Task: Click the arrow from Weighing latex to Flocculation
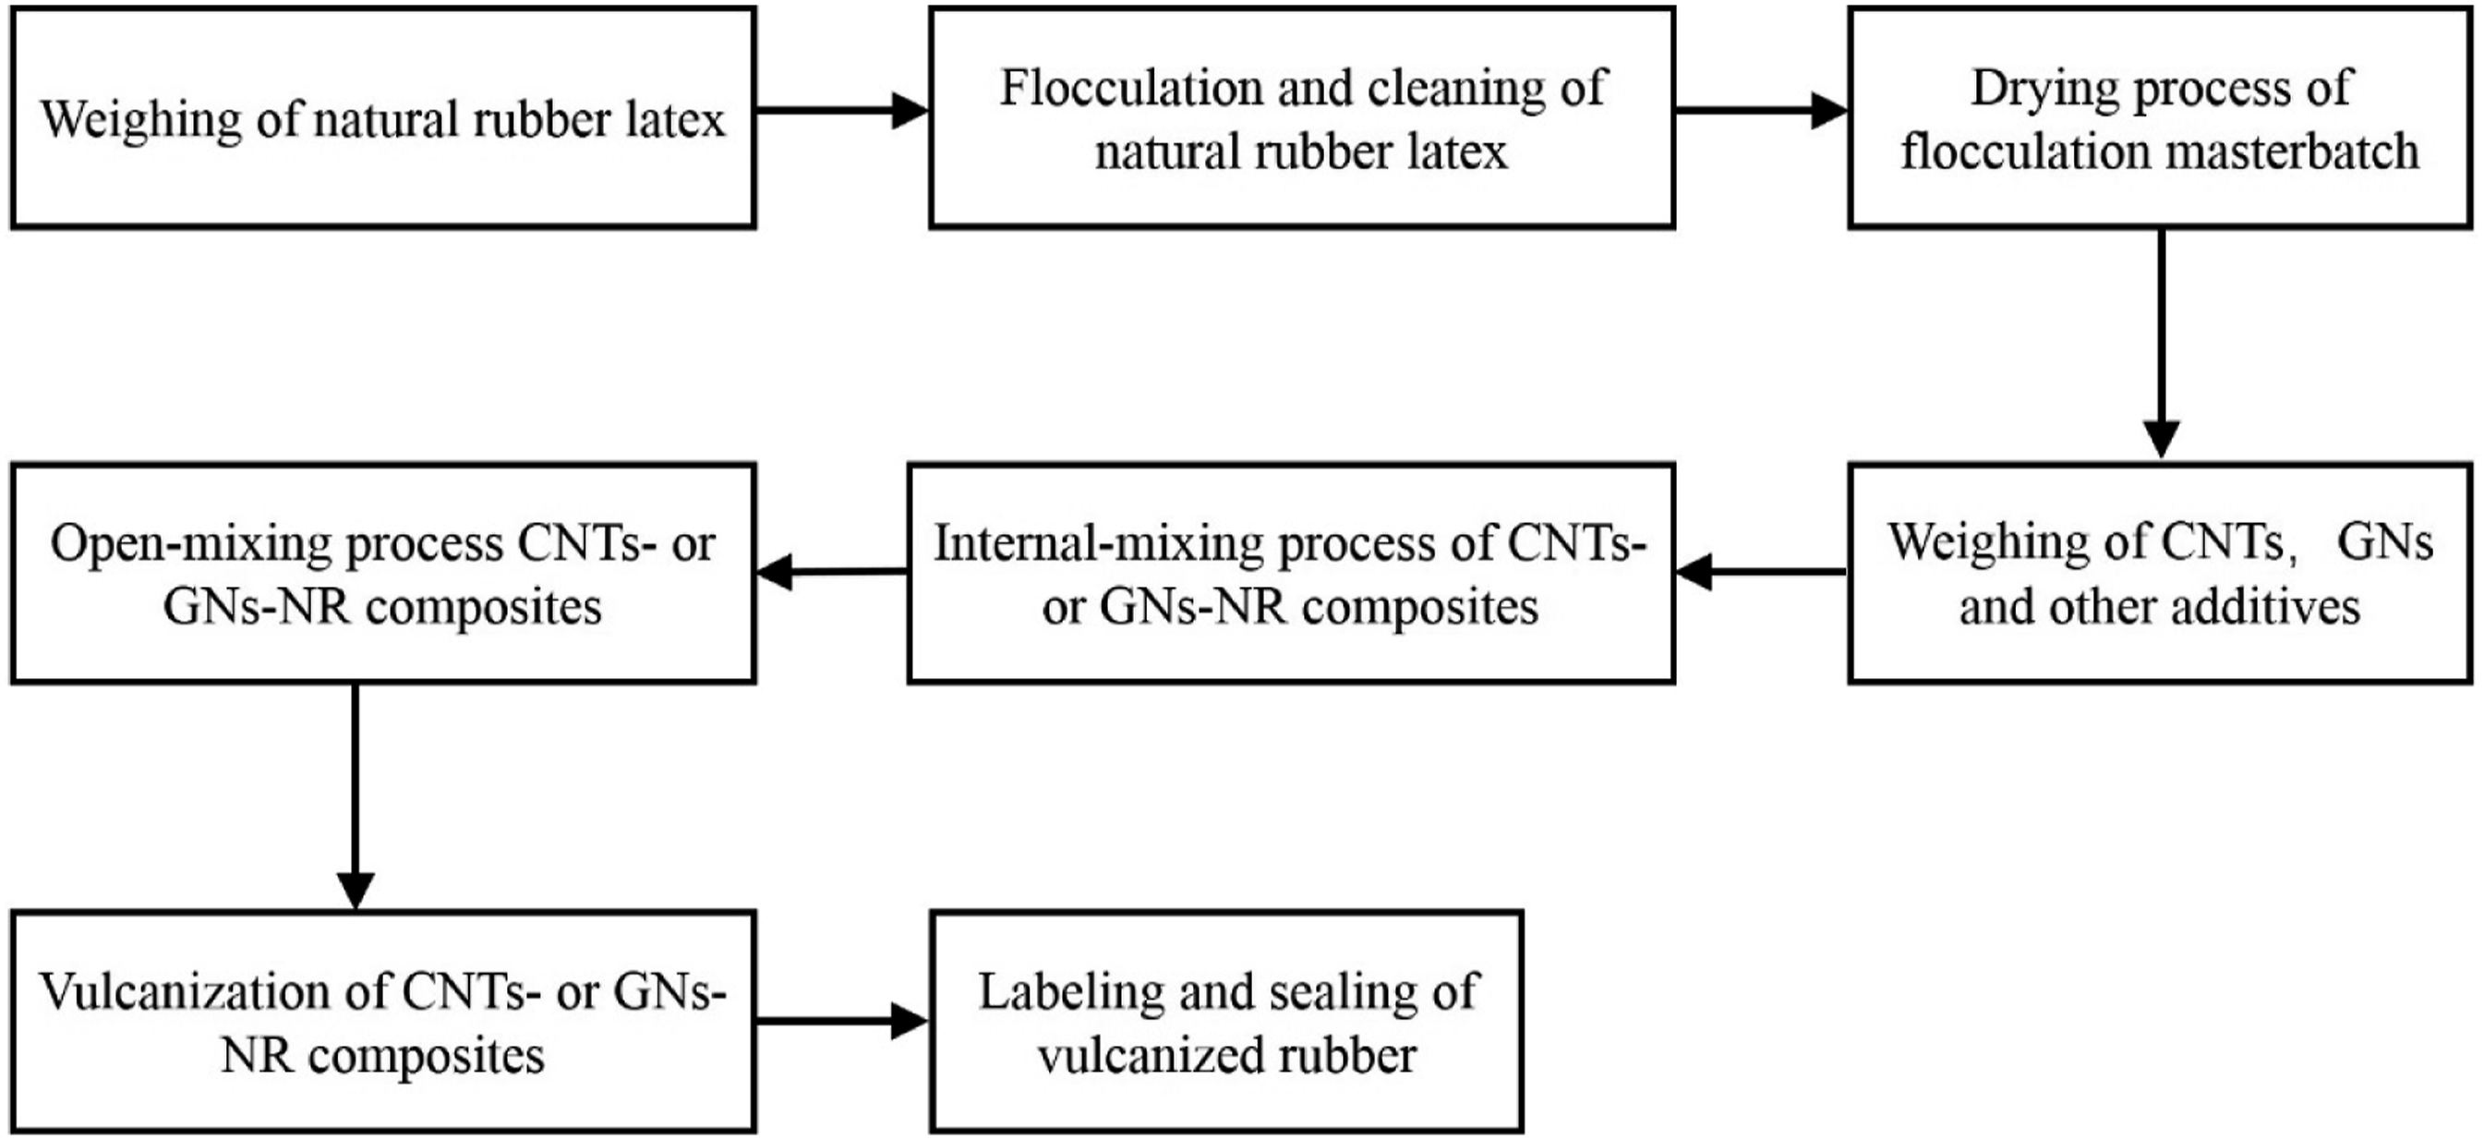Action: (843, 110)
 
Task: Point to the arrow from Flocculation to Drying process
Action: (1762, 110)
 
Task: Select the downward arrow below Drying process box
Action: (2161, 345)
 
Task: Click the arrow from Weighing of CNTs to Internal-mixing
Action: (1762, 572)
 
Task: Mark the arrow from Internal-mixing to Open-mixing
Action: (832, 572)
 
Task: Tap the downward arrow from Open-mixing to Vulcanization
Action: (356, 796)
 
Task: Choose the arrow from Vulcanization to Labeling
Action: (843, 1021)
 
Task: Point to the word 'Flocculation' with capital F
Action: (1130, 88)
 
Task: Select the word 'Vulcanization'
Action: (213, 991)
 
